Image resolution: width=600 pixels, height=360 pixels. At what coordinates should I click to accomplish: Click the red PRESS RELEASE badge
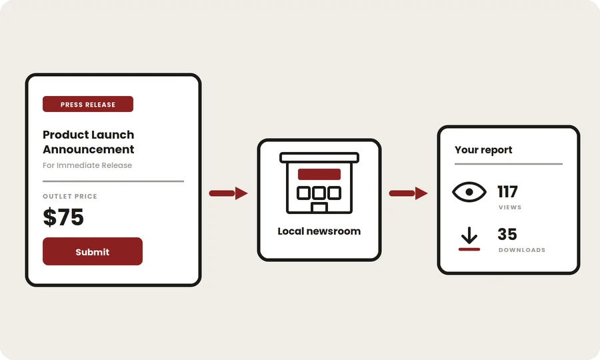88,104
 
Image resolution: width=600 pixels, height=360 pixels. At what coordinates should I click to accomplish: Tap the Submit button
93,251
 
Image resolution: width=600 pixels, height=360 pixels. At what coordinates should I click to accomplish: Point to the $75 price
63,217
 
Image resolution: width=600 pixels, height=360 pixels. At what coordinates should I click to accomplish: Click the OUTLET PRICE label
70,196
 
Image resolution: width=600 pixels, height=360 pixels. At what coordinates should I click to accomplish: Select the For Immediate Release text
87,165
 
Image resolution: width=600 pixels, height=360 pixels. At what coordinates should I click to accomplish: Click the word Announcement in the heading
89,149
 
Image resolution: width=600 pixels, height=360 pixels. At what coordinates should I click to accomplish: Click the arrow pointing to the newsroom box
229,193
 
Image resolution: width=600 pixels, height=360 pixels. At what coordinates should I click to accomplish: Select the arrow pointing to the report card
408,193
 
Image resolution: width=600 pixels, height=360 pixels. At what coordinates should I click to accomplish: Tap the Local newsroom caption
319,231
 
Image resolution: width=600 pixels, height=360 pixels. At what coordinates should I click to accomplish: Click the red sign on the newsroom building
319,174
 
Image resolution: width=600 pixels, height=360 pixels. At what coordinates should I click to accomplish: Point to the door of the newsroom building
319,208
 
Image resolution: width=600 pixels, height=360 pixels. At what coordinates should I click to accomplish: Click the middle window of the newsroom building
319,193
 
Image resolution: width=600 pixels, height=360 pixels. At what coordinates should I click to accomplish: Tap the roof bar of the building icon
319,157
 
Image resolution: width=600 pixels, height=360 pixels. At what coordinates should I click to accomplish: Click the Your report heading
483,150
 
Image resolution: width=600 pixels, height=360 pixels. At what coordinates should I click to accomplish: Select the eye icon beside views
469,192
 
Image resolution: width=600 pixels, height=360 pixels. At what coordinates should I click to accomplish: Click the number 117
507,192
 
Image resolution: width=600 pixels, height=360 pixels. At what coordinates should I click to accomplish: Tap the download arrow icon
469,239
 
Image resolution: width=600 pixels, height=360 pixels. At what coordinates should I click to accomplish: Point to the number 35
507,234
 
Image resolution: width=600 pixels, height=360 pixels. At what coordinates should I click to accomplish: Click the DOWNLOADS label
522,250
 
